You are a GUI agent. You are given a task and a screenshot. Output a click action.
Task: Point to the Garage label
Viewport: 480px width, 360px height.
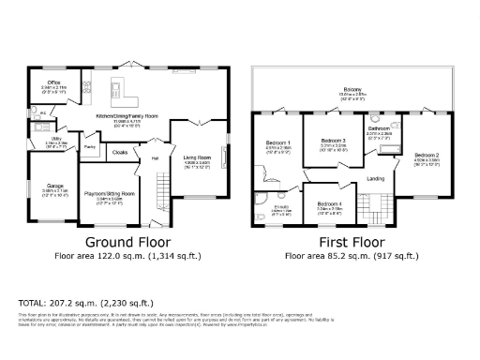(54, 187)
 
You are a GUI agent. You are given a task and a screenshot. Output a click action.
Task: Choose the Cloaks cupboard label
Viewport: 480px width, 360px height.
(120, 150)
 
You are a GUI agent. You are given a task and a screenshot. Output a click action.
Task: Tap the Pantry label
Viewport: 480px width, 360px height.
(91, 147)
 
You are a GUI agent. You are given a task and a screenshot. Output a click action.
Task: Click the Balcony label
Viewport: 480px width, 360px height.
(352, 91)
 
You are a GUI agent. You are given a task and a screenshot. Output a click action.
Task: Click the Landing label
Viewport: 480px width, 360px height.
(375, 177)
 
